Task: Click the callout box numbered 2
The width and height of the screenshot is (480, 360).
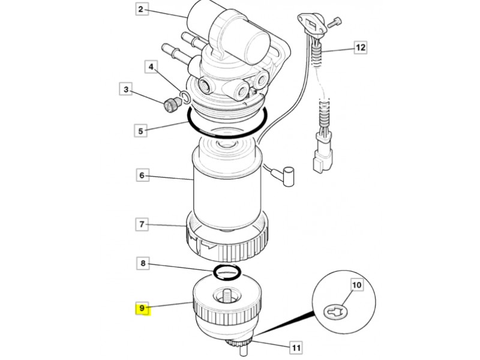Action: click(140, 9)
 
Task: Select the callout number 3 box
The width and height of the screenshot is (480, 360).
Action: click(126, 89)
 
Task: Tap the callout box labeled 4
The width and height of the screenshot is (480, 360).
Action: click(151, 67)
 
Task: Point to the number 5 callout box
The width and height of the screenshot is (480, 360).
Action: click(140, 131)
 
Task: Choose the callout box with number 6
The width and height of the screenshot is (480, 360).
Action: click(142, 175)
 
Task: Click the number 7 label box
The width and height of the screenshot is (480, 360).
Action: click(142, 224)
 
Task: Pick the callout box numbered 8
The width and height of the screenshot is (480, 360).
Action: click(143, 263)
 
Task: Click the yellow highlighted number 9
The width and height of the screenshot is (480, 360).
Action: click(142, 308)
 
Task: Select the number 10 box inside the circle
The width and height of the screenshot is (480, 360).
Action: click(357, 286)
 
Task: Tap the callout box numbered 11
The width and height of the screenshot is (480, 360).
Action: click(296, 348)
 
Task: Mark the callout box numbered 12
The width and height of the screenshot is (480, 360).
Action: click(361, 47)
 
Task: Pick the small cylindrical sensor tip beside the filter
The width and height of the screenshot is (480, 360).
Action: click(289, 176)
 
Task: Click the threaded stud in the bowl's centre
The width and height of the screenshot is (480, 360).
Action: click(228, 298)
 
